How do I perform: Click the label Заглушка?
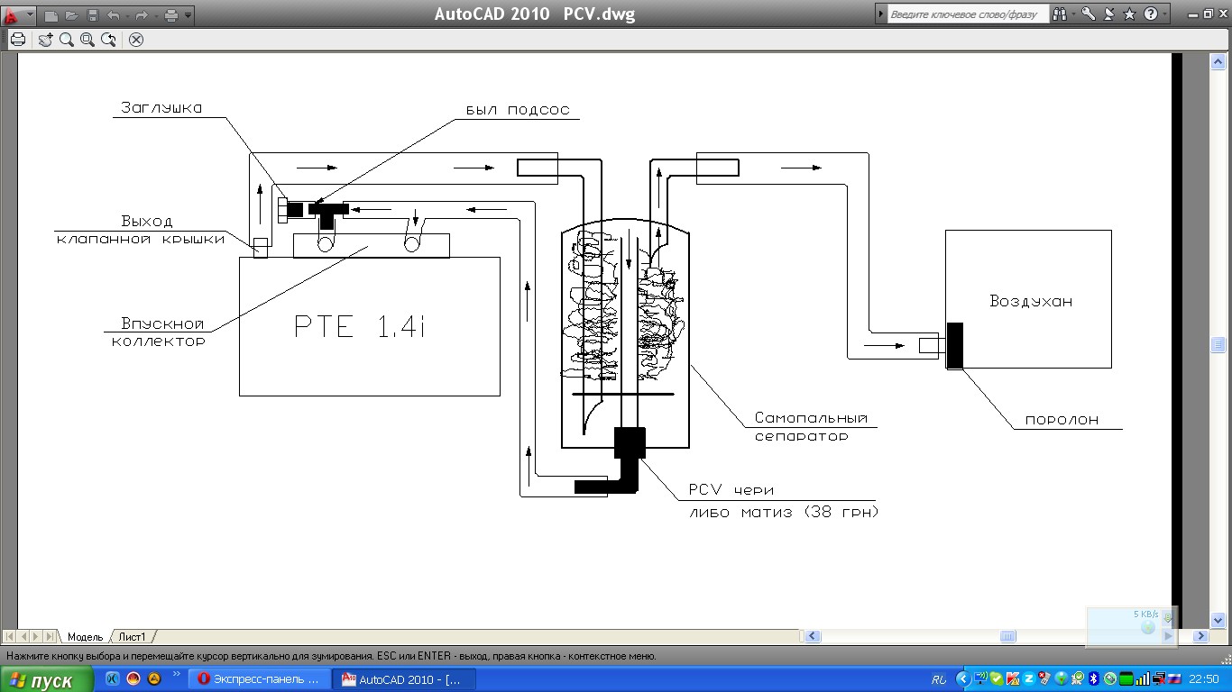click(x=161, y=108)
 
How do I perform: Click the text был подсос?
click(x=518, y=110)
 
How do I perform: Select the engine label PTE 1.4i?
click(x=360, y=326)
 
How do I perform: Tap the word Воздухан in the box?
click(x=1031, y=301)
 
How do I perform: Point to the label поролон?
click(x=1062, y=420)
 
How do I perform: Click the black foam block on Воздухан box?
click(x=955, y=345)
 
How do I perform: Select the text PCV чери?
click(x=731, y=489)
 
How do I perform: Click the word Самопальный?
click(x=811, y=418)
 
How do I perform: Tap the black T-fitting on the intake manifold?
click(x=327, y=214)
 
